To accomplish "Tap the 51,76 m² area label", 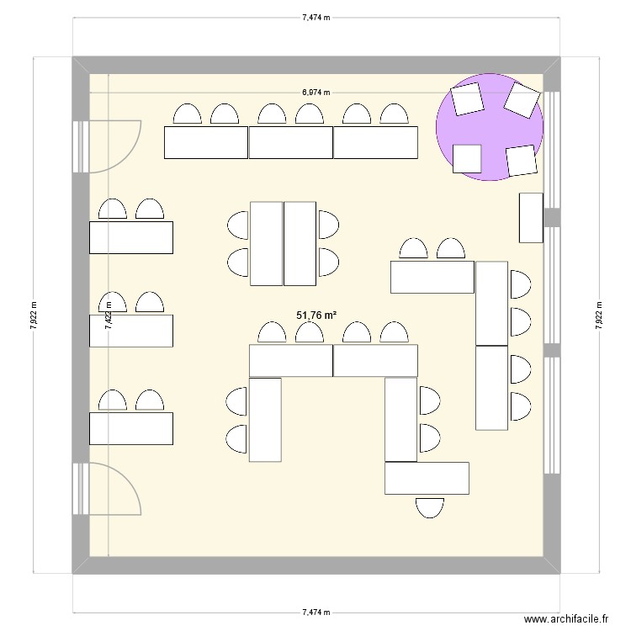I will tap(316, 315).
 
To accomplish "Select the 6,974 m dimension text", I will tap(316, 93).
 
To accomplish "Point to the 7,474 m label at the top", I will tap(316, 16).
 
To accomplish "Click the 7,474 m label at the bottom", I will tap(316, 613).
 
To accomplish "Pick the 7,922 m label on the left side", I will tap(34, 316).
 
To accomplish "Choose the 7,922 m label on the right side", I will tap(599, 316).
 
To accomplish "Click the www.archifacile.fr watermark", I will tap(565, 618).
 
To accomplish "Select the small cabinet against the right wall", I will tap(531, 218).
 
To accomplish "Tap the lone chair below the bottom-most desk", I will tap(429, 506).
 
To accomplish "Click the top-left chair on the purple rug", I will tap(467, 100).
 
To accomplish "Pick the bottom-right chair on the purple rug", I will tap(522, 160).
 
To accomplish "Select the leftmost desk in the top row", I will tap(205, 142).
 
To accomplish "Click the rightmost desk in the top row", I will tap(376, 142).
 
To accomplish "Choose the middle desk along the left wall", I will tap(131, 330).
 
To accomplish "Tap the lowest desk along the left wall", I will tap(131, 428).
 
